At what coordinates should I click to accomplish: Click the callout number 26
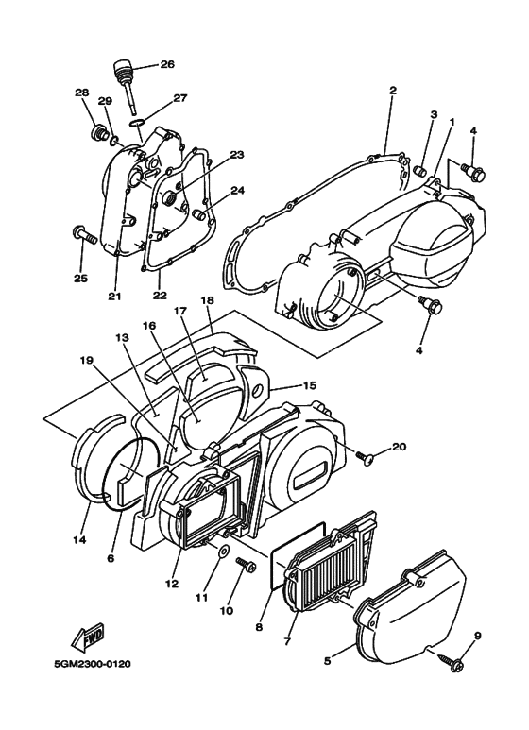point(167,64)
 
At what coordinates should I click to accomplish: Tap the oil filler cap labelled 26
point(121,71)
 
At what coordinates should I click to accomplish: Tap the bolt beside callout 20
point(366,456)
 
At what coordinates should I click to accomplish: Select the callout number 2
point(392,91)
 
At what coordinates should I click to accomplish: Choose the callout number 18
point(206,299)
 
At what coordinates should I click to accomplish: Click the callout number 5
point(328,661)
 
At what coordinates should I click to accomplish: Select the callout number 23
point(237,154)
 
